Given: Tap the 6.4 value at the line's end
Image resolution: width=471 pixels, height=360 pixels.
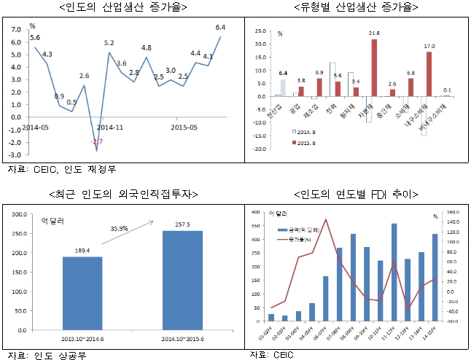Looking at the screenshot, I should click(x=220, y=28).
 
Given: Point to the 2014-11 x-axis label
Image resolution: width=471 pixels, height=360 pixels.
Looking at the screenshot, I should click(x=110, y=126).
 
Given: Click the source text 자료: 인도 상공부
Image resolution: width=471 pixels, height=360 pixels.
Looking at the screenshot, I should click(x=45, y=356).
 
